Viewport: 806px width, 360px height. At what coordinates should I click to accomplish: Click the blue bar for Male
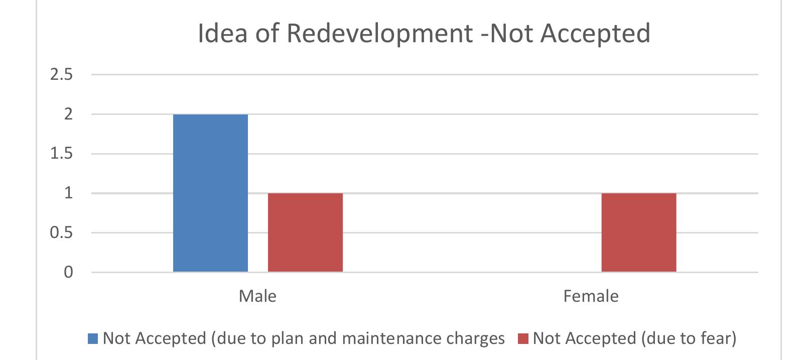pos(210,193)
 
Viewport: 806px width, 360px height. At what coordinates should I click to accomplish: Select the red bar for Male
pos(305,232)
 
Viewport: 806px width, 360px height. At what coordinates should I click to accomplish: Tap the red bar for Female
pos(638,232)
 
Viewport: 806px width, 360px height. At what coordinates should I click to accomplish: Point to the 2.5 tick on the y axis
pos(61,75)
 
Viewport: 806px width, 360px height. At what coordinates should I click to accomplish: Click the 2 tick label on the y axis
pos(68,114)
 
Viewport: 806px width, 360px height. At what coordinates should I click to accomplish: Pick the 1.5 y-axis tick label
pos(61,154)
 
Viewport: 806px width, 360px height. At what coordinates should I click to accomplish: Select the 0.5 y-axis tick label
pos(61,233)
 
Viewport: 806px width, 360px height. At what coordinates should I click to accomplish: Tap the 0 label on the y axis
pos(68,272)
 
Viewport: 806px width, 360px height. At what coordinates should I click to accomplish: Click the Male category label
pos(257,296)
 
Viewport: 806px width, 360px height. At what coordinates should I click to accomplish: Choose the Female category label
pos(591,296)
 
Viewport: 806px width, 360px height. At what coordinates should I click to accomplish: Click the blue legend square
pos(93,338)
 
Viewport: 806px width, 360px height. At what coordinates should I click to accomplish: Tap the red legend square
pos(523,338)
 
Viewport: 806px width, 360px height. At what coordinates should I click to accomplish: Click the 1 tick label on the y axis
pos(68,193)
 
